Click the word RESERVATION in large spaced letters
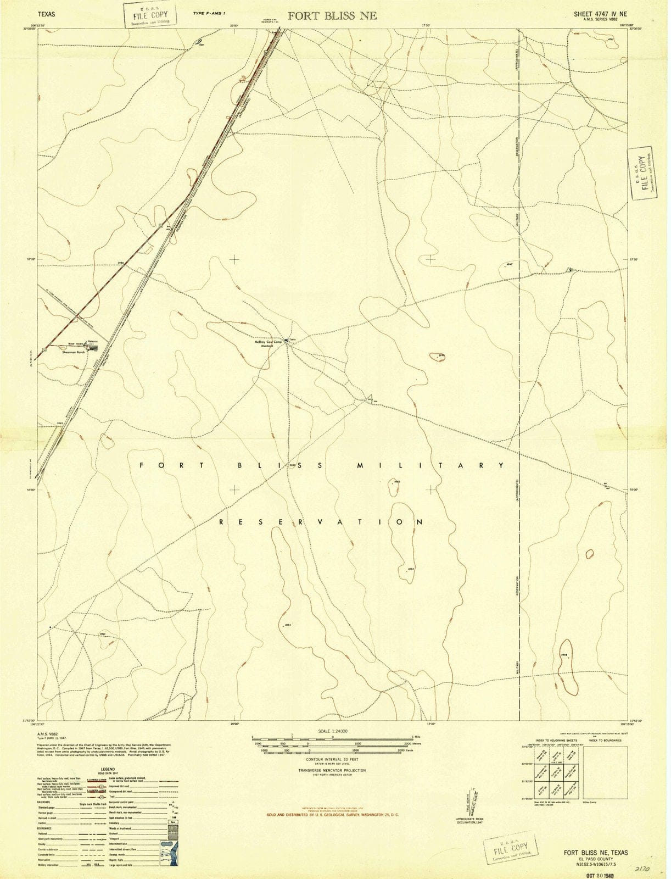point(321,522)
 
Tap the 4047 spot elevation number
point(510,265)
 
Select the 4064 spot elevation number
point(411,569)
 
